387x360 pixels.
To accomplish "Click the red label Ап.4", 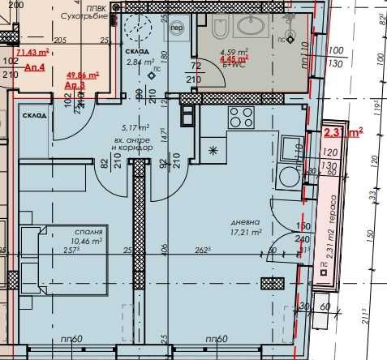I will click(35, 68).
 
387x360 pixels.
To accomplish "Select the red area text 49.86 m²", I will click(80, 75).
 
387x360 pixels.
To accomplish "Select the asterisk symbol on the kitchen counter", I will click(214, 149).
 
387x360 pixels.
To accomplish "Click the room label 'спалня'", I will click(92, 231).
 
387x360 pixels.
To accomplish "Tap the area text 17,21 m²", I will click(244, 232).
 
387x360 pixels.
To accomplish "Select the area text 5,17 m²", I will click(135, 127).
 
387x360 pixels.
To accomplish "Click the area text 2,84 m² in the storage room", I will click(140, 61).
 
